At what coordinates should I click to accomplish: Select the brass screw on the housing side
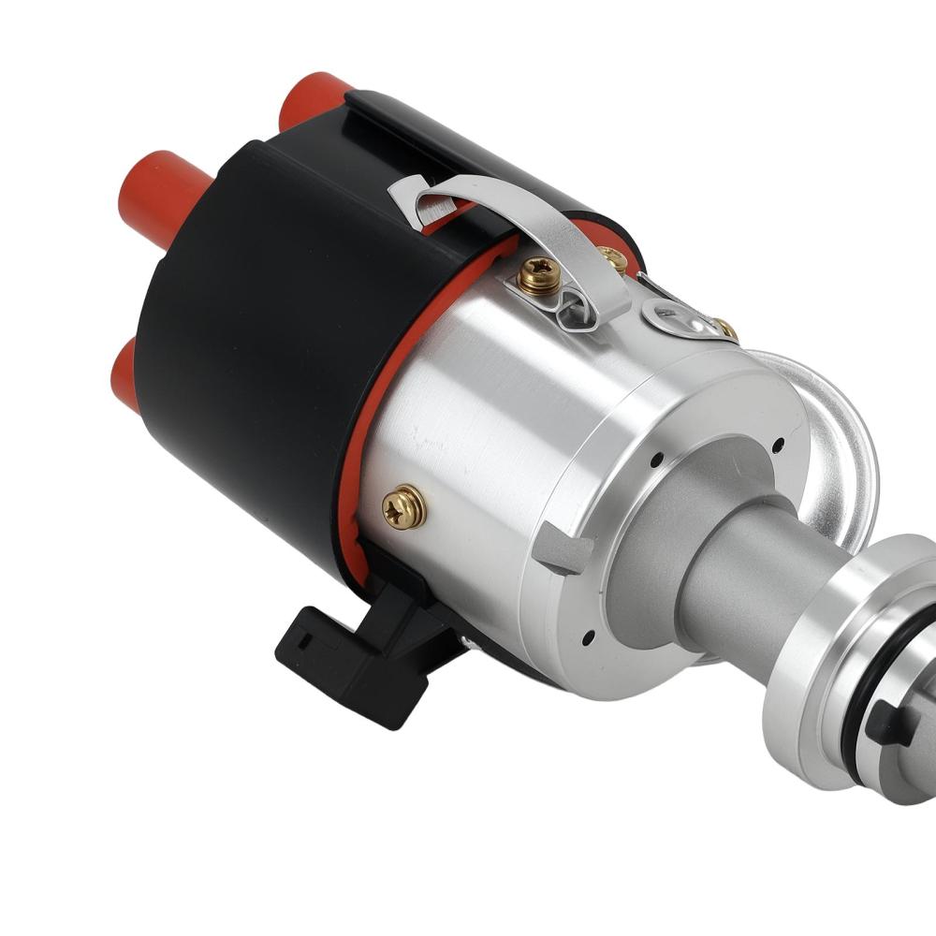click(x=404, y=507)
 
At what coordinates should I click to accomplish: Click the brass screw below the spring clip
click(x=541, y=275)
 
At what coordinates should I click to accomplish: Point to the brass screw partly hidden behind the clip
click(x=614, y=257)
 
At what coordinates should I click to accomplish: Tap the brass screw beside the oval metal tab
click(x=724, y=328)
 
